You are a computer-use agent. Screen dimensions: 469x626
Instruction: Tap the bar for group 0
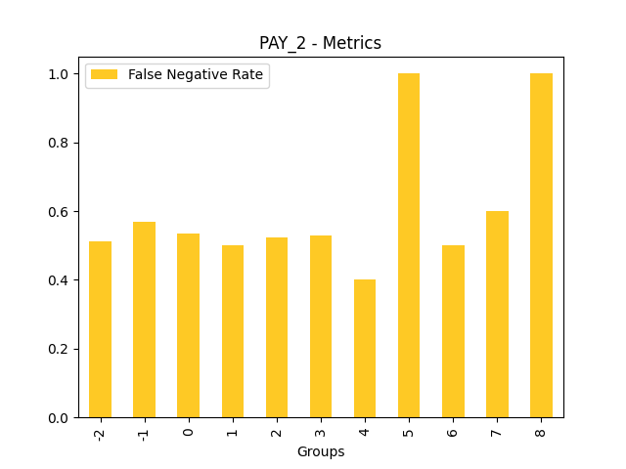(188, 325)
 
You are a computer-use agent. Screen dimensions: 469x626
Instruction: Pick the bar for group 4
(365, 349)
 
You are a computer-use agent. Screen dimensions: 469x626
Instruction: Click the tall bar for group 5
(409, 245)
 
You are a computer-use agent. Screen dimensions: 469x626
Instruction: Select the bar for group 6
(453, 331)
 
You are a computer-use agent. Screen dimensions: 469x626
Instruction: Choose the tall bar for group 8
(541, 245)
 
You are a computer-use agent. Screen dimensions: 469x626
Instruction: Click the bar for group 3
(321, 326)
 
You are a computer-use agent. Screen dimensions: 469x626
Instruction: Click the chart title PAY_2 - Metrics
(320, 43)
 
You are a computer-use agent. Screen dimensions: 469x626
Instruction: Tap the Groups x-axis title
(321, 451)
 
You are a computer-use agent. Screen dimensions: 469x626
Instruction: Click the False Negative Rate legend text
(196, 75)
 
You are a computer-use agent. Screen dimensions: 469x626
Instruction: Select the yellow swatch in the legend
(105, 75)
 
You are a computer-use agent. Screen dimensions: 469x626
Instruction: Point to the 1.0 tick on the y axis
(60, 74)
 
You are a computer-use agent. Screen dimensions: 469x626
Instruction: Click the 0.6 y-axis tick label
(60, 212)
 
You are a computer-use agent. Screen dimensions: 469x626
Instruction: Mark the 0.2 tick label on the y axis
(60, 349)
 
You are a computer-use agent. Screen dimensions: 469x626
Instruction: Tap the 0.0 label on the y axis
(60, 418)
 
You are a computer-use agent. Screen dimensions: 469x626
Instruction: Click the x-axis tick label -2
(100, 432)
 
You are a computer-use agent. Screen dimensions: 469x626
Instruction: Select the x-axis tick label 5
(409, 430)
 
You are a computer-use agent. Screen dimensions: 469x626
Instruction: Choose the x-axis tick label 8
(541, 430)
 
